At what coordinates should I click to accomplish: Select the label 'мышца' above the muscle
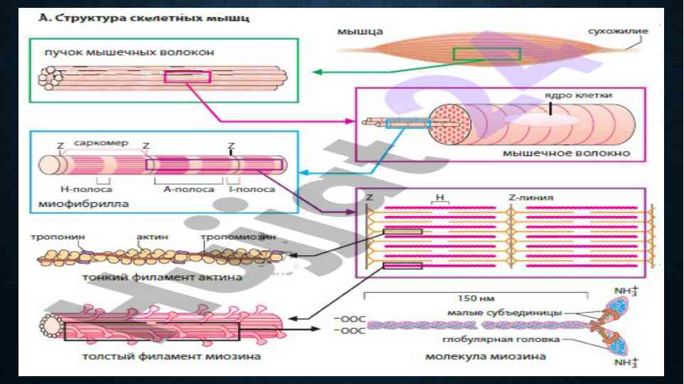coord(359,32)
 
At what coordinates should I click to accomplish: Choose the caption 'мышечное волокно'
coord(567,152)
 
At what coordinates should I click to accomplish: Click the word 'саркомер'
coord(101,143)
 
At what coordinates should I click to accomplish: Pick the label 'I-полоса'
coord(251,190)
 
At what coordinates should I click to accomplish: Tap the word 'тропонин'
coord(54,236)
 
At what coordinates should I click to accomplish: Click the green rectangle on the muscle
coord(487,54)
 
